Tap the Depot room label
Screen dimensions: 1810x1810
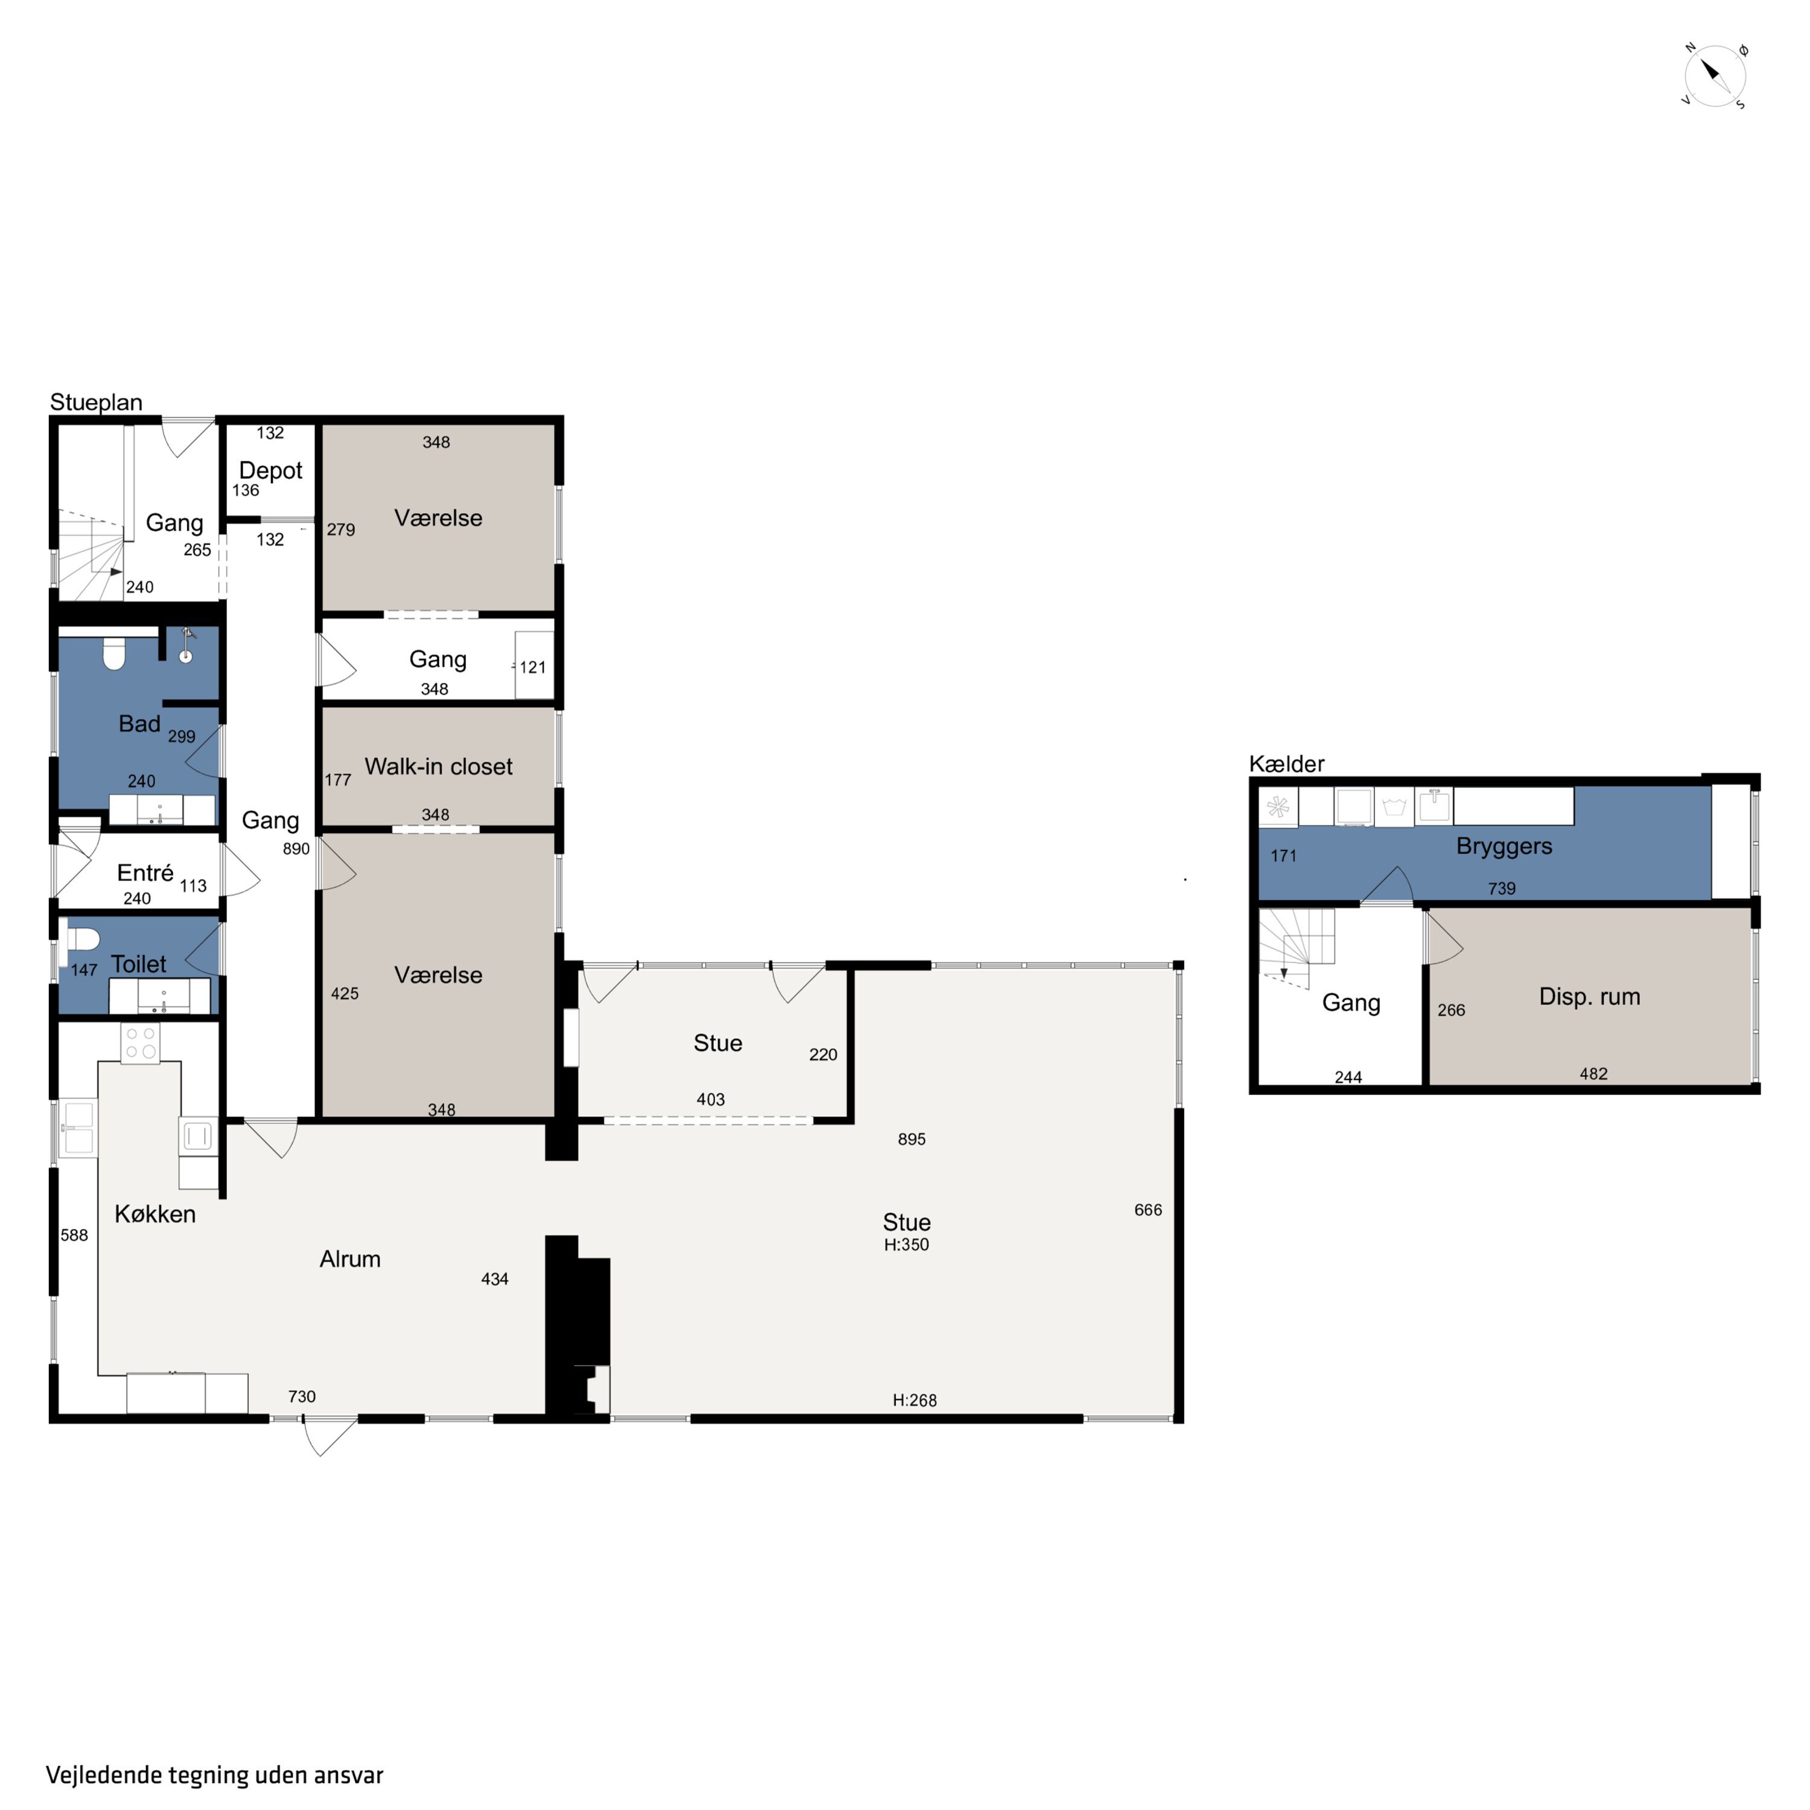coord(271,471)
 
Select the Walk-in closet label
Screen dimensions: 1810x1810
coord(439,766)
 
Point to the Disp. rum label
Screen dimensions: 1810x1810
coord(1590,997)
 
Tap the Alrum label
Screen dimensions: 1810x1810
coord(351,1259)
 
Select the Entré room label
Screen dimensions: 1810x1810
coord(145,873)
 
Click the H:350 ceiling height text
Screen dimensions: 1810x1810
coord(907,1245)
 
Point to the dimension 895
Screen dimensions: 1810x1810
coord(912,1139)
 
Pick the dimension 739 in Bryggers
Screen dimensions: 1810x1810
coord(1502,888)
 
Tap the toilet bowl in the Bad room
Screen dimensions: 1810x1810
coord(114,653)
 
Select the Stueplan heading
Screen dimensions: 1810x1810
coord(97,403)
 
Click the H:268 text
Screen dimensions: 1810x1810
coord(915,1400)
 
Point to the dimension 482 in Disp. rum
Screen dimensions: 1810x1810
coord(1593,1074)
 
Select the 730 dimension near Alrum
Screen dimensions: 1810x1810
coord(302,1397)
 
